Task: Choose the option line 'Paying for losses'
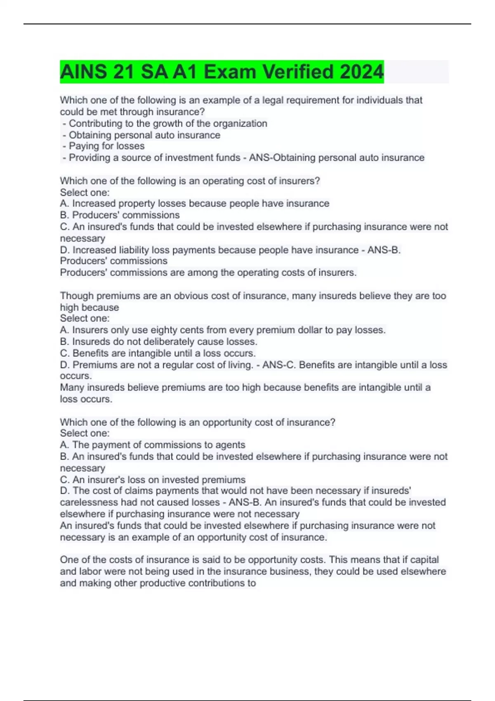106,146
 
